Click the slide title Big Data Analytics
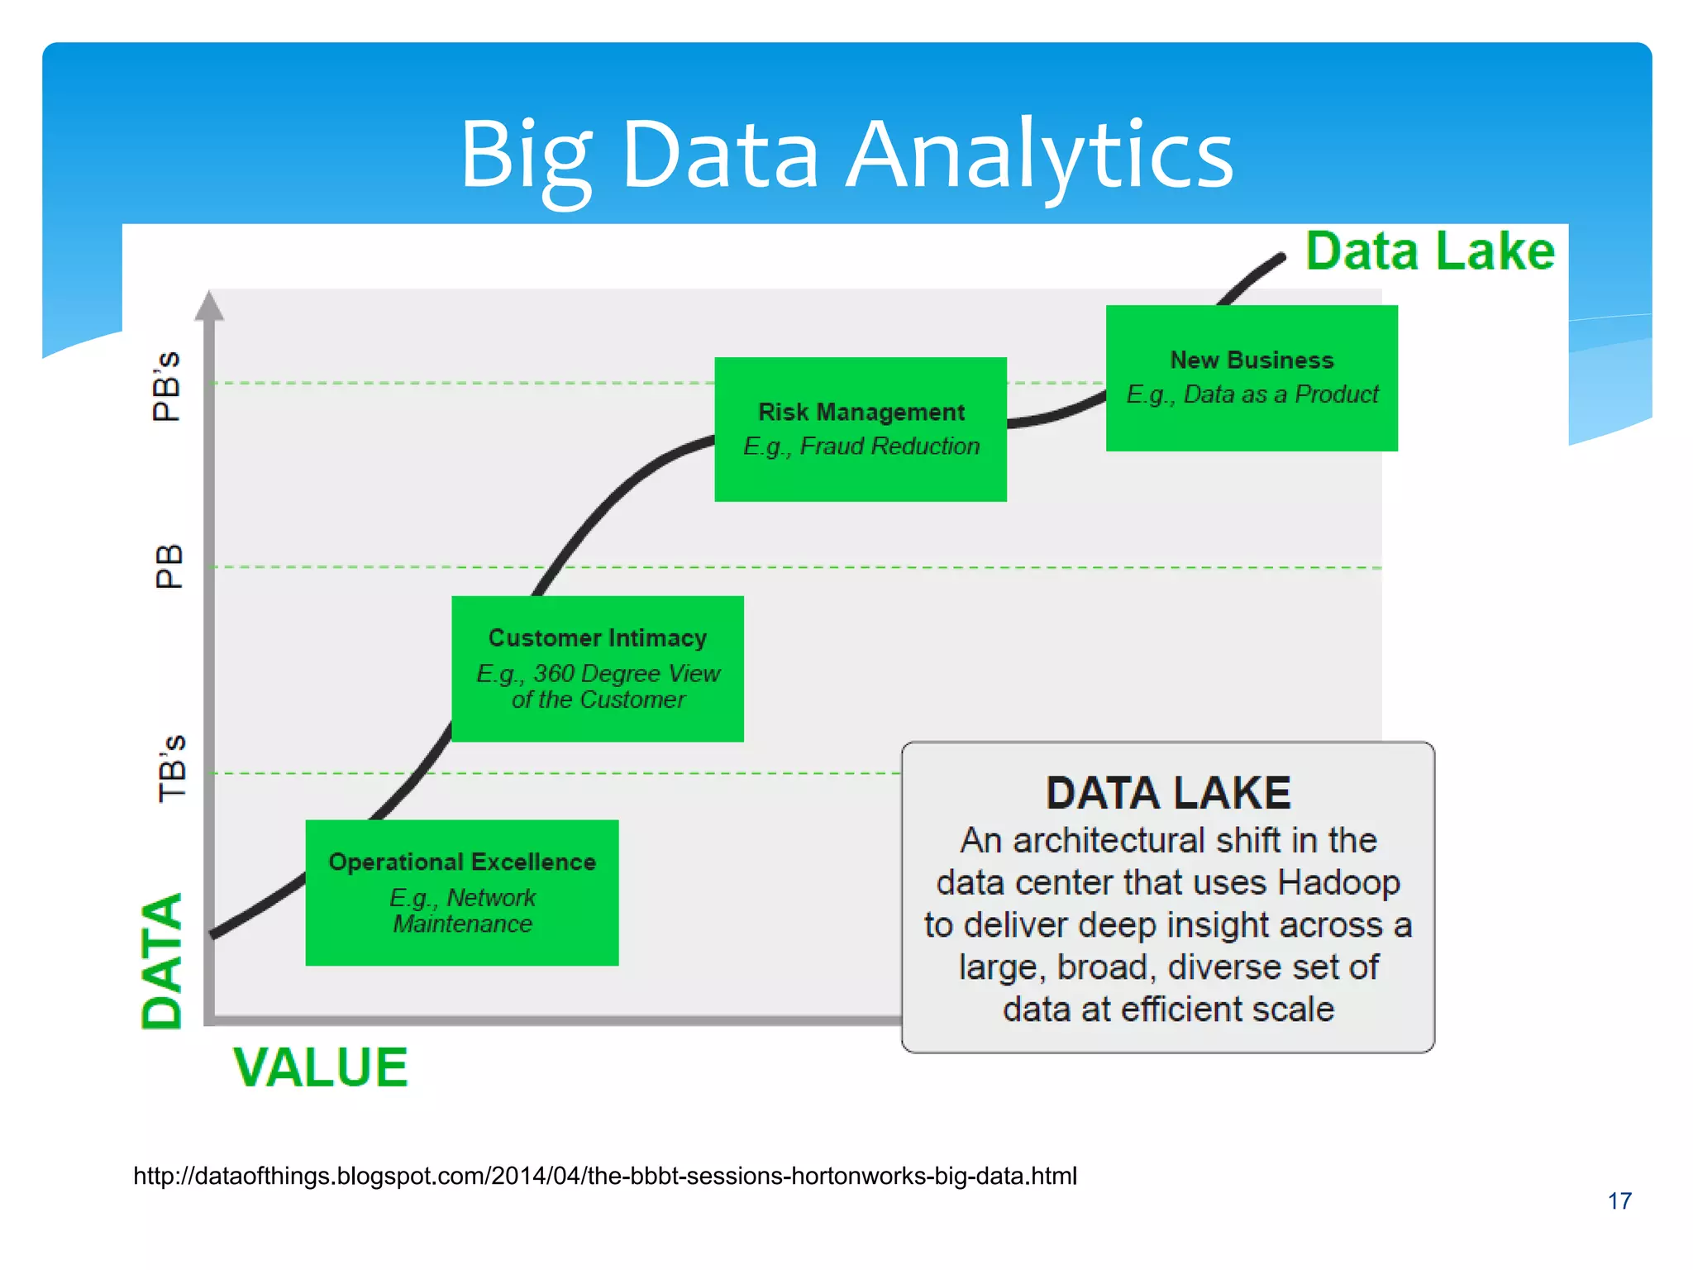tap(846, 155)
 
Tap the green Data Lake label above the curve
tap(1429, 251)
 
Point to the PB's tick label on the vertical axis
tap(167, 386)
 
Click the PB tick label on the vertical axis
tap(169, 566)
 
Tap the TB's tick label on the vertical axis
tap(172, 768)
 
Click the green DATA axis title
tap(162, 961)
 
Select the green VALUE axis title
tap(321, 1067)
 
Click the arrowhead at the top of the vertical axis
tap(209, 305)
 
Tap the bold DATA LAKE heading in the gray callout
tap(1167, 793)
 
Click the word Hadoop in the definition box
tap(1338, 883)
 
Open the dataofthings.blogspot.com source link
tap(605, 1176)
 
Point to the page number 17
tap(1619, 1201)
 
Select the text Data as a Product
tap(1280, 394)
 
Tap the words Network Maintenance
tap(462, 911)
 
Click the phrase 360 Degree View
tap(627, 674)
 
